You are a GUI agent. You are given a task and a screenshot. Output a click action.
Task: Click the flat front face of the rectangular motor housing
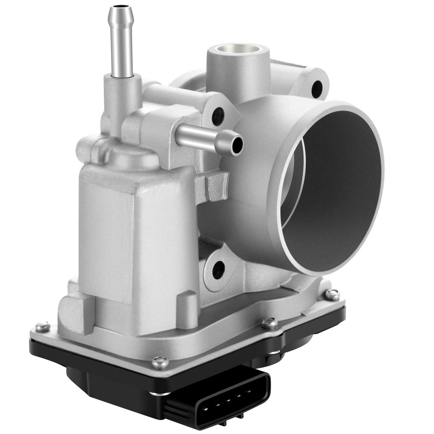click(x=109, y=231)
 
